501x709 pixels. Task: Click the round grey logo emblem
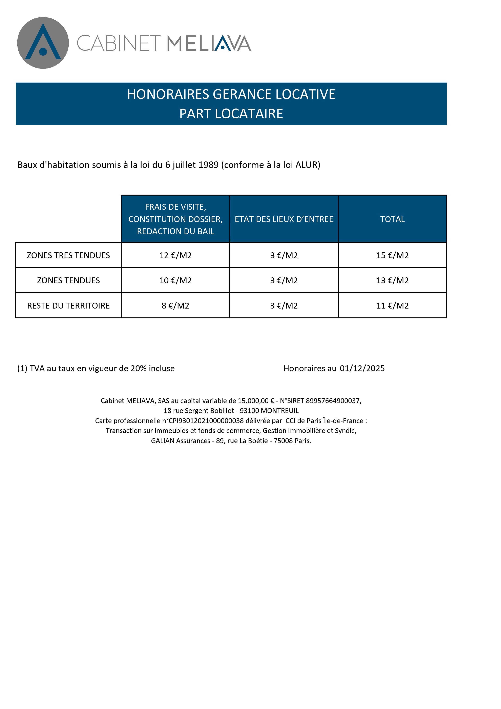43,43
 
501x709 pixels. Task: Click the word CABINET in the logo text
119,43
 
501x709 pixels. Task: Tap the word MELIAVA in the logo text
209,43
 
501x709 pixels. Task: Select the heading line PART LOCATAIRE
231,114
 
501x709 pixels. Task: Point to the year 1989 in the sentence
208,165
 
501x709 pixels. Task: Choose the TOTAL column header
392,219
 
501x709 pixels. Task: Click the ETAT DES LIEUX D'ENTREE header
284,219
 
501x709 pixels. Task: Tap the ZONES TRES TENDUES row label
68,255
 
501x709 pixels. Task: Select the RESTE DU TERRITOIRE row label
68,306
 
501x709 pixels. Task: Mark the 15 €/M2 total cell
392,255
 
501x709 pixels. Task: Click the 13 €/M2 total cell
392,280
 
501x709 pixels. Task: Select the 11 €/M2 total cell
392,306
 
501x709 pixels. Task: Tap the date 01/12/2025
362,368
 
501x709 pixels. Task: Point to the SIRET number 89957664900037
333,401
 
